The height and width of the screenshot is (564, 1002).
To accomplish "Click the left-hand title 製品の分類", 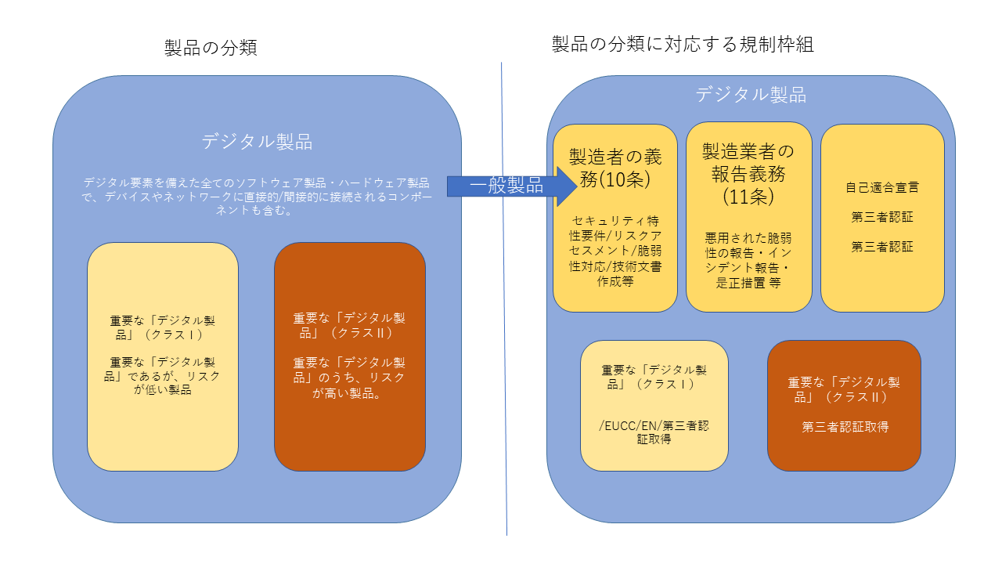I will click(x=211, y=48).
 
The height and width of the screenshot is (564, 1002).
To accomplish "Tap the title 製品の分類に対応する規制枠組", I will click(x=683, y=45).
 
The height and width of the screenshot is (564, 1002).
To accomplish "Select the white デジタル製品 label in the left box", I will click(x=257, y=142).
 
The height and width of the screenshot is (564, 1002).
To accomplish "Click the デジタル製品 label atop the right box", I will click(x=751, y=96).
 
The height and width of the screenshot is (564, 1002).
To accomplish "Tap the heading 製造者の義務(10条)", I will click(x=615, y=168).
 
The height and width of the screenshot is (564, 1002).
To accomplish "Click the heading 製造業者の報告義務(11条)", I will click(x=748, y=173).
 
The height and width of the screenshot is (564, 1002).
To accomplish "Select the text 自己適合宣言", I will click(x=882, y=188).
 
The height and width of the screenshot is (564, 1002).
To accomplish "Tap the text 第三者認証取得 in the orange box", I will click(x=845, y=427).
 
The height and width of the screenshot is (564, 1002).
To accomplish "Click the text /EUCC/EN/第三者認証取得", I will click(x=654, y=432).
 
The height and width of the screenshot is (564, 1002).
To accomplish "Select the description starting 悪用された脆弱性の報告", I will click(x=748, y=258).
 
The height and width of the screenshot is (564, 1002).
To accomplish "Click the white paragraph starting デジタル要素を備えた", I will click(x=257, y=197).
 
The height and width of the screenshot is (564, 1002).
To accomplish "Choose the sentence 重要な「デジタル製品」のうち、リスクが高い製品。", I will click(x=349, y=378).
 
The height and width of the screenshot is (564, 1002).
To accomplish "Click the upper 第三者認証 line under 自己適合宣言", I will click(x=882, y=218).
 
